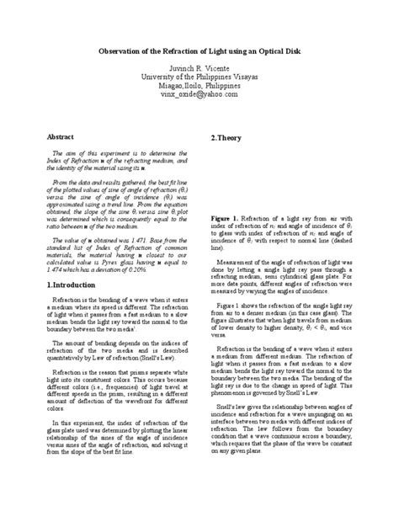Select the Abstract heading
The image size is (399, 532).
(51, 136)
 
